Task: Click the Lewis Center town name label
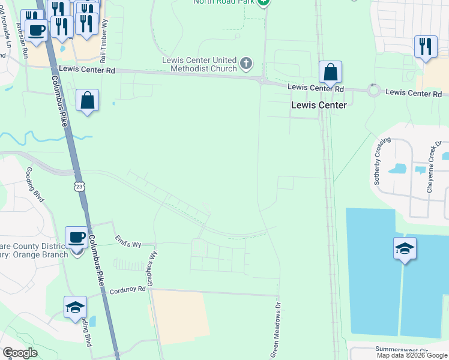pyautogui.click(x=319, y=105)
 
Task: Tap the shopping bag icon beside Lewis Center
pyautogui.click(x=330, y=73)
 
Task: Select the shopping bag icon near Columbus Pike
pyautogui.click(x=88, y=101)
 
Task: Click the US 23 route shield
pyautogui.click(x=80, y=187)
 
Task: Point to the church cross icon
pyautogui.click(x=246, y=63)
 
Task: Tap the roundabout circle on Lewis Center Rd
pyautogui.click(x=375, y=91)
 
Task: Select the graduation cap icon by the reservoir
pyautogui.click(x=405, y=249)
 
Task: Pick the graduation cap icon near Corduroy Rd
pyautogui.click(x=75, y=307)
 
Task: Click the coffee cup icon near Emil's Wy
pyautogui.click(x=76, y=238)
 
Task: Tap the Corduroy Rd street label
pyautogui.click(x=128, y=290)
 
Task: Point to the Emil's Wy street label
pyautogui.click(x=128, y=243)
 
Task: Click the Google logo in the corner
pyautogui.click(x=20, y=353)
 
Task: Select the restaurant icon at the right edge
pyautogui.click(x=425, y=47)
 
